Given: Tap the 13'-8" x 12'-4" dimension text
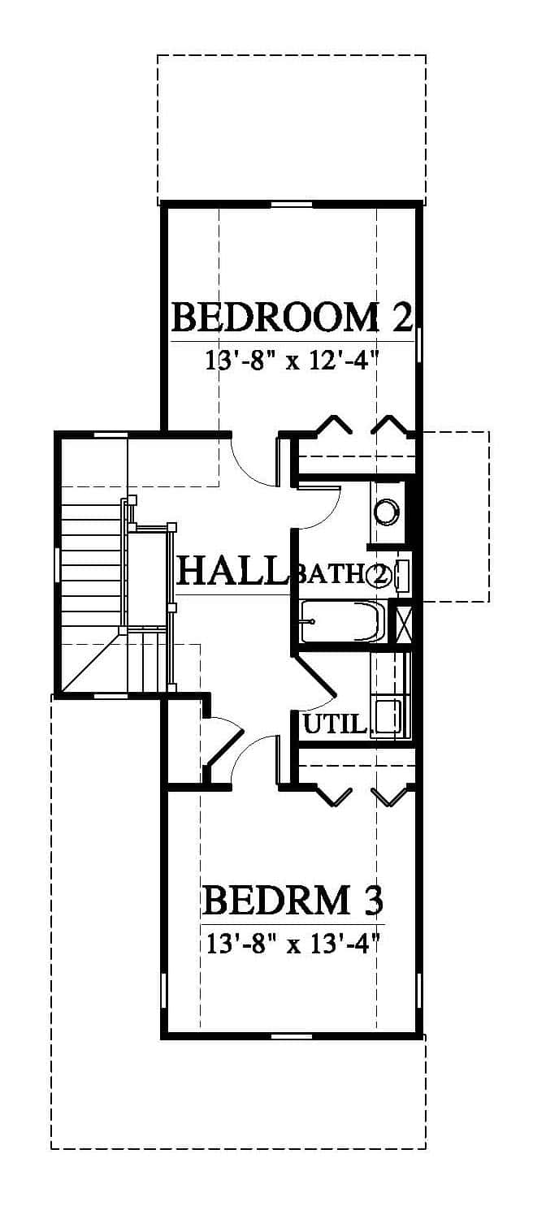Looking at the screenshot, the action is click(290, 360).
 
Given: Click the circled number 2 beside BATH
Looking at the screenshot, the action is click(378, 574).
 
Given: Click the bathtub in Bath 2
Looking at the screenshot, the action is click(343, 621).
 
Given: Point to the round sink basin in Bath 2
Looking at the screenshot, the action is click(387, 512).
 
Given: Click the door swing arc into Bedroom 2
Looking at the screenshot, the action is click(250, 465).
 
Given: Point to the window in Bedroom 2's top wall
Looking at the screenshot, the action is click(292, 204).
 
